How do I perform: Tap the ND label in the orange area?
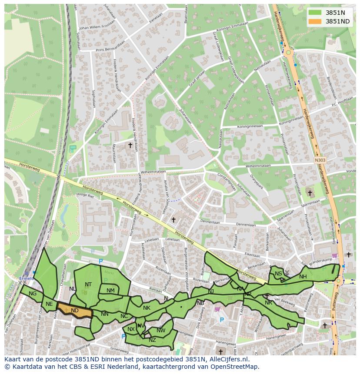click(x=75, y=311)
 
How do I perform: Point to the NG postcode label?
click(x=33, y=294)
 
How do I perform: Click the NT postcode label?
click(x=88, y=285)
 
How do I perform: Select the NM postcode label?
click(x=110, y=291)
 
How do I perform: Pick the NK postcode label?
click(x=147, y=308)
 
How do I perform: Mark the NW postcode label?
click(x=161, y=331)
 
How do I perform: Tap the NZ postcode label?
click(x=152, y=340)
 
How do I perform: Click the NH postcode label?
click(x=303, y=277)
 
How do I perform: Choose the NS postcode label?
click(x=278, y=274)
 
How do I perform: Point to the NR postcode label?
click(x=268, y=302)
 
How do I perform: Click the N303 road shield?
click(x=320, y=160)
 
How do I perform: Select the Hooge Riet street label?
click(x=85, y=195)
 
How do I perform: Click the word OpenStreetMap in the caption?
click(x=232, y=366)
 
